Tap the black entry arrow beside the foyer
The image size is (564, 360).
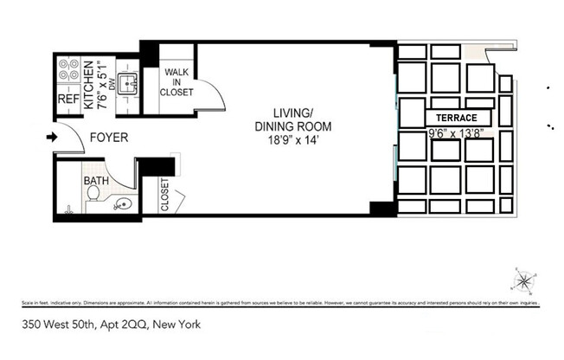pyautogui.click(x=51, y=137)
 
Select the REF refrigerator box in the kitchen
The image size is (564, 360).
pyautogui.click(x=67, y=99)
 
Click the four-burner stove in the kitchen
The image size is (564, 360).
pyautogui.click(x=67, y=70)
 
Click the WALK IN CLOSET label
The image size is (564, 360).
pyautogui.click(x=179, y=82)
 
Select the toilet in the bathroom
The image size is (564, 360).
pyautogui.click(x=92, y=199)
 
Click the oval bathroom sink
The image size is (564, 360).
pyautogui.click(x=124, y=205)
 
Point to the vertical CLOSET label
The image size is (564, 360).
pyautogui.click(x=164, y=195)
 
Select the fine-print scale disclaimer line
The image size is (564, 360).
pyautogui.click(x=281, y=305)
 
